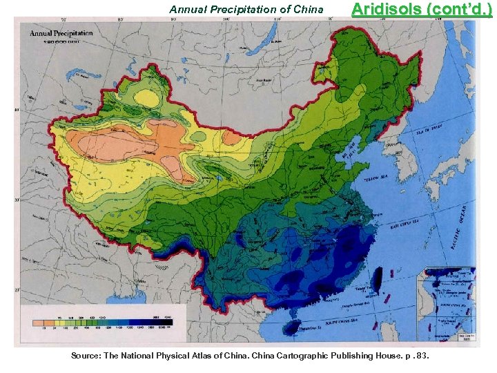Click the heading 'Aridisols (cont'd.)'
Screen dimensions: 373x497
[x=422, y=10]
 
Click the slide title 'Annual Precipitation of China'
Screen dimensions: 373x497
[x=246, y=10]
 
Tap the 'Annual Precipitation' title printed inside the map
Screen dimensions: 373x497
[x=60, y=34]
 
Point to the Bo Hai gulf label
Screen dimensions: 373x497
[x=353, y=149]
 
